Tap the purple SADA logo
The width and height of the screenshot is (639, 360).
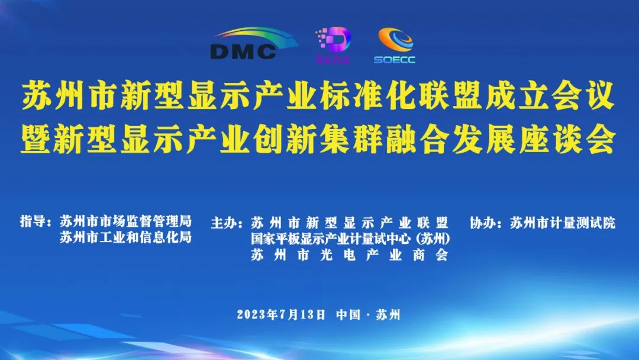tap(333, 45)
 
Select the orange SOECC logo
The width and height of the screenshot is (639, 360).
tap(395, 45)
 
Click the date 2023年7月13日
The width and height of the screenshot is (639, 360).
tap(281, 314)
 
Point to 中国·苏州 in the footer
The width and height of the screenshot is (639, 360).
tap(368, 314)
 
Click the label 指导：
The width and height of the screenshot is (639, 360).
tap(36, 222)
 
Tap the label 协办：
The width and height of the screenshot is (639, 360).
tap(486, 223)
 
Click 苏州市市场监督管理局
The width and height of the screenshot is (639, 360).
tap(126, 221)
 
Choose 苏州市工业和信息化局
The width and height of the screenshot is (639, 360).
tap(126, 237)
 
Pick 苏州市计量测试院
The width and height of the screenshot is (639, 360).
tap(563, 223)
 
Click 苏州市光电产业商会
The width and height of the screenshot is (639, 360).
tap(350, 255)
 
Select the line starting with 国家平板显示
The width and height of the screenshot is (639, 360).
tap(350, 239)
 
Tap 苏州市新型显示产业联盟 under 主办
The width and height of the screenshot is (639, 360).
tap(350, 223)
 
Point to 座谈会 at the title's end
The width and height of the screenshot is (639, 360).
tap(567, 139)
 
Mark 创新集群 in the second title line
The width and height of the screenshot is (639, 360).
tap(318, 139)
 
